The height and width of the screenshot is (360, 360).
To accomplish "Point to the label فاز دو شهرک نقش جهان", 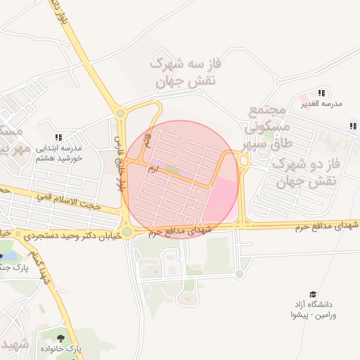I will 304,174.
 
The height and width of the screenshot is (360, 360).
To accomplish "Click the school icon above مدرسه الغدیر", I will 321,93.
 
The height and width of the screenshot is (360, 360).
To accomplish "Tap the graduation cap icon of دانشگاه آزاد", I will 313,295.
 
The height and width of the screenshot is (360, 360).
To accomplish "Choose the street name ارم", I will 153,169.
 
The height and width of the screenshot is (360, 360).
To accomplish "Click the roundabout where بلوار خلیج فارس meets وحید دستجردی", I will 127,232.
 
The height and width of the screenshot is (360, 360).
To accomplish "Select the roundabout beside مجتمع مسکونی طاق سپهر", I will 244,161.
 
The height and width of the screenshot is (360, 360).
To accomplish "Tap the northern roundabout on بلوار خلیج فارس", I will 120,112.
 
